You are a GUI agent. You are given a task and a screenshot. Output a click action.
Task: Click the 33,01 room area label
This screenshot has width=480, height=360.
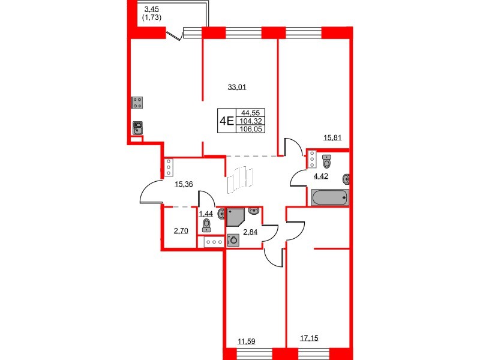(x=237, y=87)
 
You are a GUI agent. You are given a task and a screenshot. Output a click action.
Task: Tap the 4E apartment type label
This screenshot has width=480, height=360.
(x=227, y=121)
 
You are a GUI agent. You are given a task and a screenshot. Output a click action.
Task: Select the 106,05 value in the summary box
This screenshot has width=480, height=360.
(x=251, y=129)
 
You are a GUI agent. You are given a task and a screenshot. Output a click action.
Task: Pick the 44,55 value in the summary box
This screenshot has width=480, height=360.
(x=250, y=113)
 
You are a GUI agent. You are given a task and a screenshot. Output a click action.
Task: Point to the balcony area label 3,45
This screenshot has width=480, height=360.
(x=152, y=9)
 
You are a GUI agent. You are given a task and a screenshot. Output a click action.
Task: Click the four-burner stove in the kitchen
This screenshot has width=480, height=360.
(x=137, y=103)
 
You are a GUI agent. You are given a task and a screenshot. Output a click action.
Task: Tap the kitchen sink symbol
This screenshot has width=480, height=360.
(x=137, y=128)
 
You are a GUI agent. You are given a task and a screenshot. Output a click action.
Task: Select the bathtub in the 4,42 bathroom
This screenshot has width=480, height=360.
(x=329, y=198)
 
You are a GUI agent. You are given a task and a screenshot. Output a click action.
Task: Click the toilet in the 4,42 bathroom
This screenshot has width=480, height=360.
(x=327, y=161)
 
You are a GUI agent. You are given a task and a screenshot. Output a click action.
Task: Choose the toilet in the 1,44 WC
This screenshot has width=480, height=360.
(x=207, y=225)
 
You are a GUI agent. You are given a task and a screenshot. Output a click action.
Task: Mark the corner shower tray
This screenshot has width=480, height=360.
(x=235, y=217)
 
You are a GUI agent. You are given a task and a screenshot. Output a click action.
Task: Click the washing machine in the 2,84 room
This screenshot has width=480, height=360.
(x=233, y=241)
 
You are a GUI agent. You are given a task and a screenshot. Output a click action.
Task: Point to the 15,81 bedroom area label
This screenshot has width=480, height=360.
(x=332, y=138)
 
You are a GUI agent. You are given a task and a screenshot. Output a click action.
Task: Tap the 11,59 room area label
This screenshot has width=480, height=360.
(x=247, y=341)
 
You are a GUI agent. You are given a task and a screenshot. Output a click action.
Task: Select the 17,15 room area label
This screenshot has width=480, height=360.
(x=309, y=338)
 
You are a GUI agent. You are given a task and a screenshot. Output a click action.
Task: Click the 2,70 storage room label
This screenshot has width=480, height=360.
(x=181, y=231)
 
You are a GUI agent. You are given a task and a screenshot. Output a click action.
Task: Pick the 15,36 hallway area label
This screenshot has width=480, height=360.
(x=184, y=184)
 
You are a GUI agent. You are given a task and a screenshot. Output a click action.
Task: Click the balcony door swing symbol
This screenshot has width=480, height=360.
(x=175, y=34)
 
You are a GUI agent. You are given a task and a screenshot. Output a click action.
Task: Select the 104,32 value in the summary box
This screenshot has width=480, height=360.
(x=251, y=121)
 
